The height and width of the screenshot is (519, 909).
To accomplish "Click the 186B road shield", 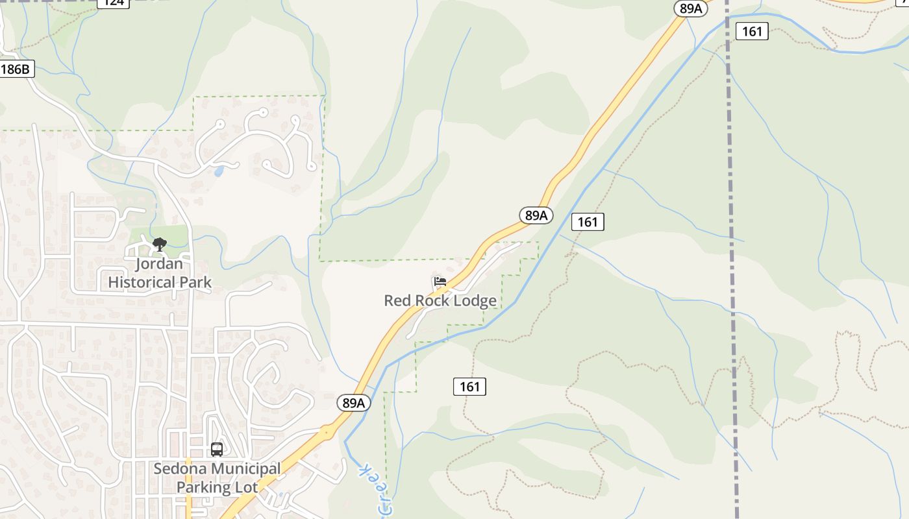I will pos(16,69).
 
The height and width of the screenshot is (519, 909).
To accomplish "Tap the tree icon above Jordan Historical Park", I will pos(159,245).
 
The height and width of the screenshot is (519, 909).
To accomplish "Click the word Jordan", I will pos(159,264).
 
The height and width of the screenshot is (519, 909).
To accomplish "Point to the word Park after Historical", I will pos(196,282).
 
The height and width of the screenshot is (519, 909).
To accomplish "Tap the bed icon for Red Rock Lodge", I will pos(440,282).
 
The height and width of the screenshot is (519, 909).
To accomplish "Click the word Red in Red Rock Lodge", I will pos(397,300).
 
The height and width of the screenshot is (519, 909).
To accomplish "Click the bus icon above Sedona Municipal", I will pos(217,449).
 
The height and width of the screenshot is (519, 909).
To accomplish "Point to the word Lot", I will pos(245,487).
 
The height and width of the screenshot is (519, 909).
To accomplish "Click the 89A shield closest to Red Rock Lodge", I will pos(536,215).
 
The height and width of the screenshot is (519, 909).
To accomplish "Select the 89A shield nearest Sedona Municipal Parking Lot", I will pos(354,403).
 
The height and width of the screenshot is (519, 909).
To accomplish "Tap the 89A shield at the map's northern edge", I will pos(691,8).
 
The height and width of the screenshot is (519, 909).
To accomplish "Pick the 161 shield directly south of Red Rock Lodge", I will pos(469,387).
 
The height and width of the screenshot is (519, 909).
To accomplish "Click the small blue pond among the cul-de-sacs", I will pos(219,171).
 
